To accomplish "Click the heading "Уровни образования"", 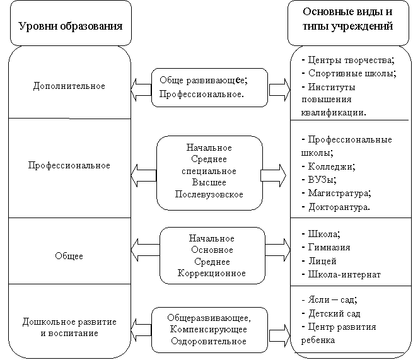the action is [71, 26].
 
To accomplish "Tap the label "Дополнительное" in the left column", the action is [69, 86].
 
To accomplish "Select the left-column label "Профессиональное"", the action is [69, 165].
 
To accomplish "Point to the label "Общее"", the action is [69, 256].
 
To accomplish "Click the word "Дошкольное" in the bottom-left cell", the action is [47, 322].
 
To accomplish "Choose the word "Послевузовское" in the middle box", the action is [209, 194].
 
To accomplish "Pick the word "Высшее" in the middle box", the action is [209, 182].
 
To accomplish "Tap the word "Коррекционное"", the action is [212, 273].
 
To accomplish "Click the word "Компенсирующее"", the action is [209, 329].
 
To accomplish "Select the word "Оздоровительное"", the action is [209, 341].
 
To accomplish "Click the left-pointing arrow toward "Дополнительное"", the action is [141, 90].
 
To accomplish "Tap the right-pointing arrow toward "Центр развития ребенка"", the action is [280, 335].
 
